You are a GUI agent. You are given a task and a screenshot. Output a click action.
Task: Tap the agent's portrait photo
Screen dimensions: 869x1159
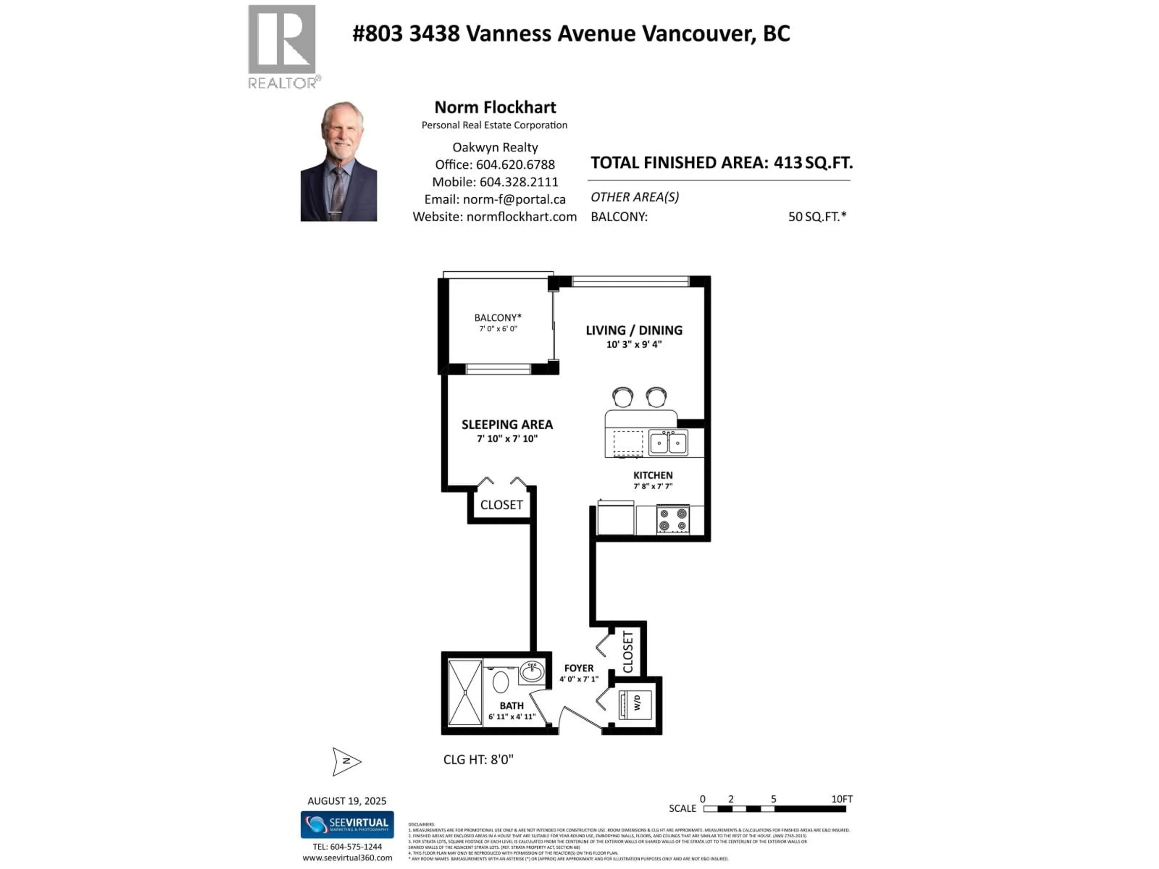[338, 161]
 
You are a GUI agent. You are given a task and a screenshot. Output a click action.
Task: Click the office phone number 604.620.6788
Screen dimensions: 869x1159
[515, 164]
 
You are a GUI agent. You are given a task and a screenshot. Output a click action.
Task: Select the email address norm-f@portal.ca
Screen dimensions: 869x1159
[514, 199]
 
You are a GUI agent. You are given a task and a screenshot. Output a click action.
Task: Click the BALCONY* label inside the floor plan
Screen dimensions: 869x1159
[497, 317]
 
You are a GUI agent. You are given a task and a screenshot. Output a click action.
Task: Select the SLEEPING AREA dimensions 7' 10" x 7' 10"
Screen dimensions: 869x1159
[507, 438]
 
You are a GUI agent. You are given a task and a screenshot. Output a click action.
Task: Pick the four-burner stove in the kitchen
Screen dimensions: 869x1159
[673, 520]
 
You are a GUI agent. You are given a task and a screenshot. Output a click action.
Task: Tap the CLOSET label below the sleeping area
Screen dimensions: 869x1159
[501, 505]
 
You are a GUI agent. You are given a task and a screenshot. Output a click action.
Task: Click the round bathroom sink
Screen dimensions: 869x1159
[532, 672]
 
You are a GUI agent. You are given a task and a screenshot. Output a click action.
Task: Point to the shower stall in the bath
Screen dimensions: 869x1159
[465, 692]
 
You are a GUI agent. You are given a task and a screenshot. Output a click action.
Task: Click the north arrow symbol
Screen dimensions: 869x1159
[346, 761]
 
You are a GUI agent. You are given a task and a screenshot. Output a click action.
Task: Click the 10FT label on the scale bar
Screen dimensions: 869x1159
[841, 799]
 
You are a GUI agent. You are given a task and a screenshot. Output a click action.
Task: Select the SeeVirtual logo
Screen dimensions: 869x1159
[347, 824]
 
